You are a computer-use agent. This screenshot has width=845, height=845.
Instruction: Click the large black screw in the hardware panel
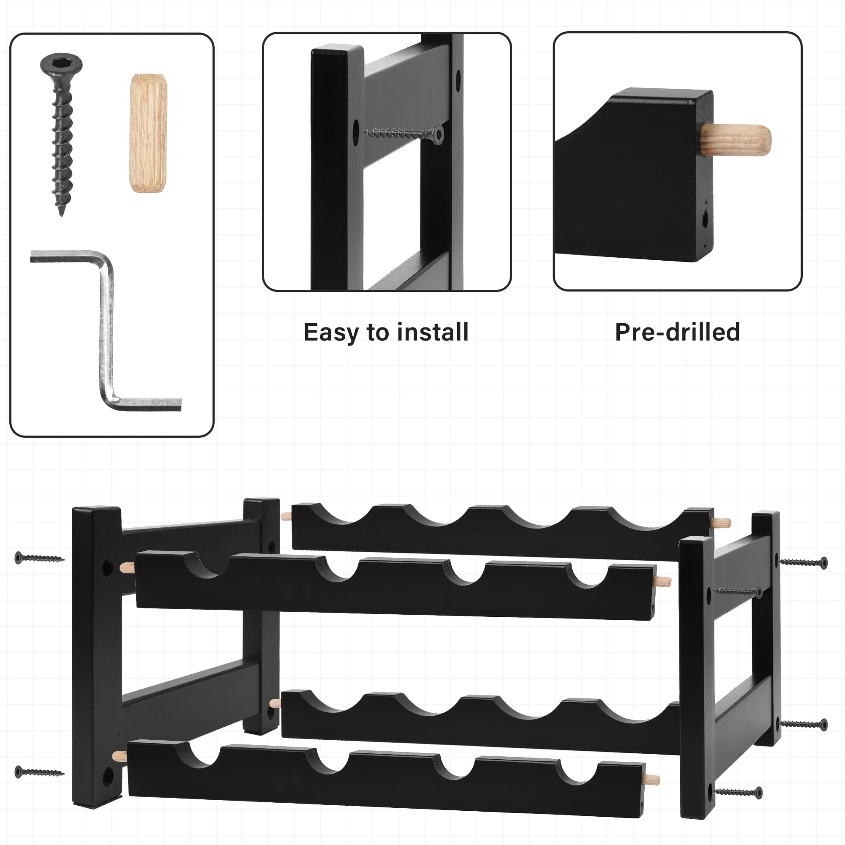tap(61, 131)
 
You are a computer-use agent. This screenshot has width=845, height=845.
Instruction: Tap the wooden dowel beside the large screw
tap(148, 134)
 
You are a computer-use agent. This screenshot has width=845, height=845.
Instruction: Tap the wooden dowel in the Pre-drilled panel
tap(736, 140)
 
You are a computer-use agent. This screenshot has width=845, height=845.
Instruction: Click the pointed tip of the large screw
tap(61, 214)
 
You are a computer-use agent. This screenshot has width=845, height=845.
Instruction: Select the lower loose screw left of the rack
tap(39, 772)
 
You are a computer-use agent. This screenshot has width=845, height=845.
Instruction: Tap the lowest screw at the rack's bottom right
tap(738, 792)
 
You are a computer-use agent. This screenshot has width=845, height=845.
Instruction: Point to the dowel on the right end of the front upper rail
tap(662, 581)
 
